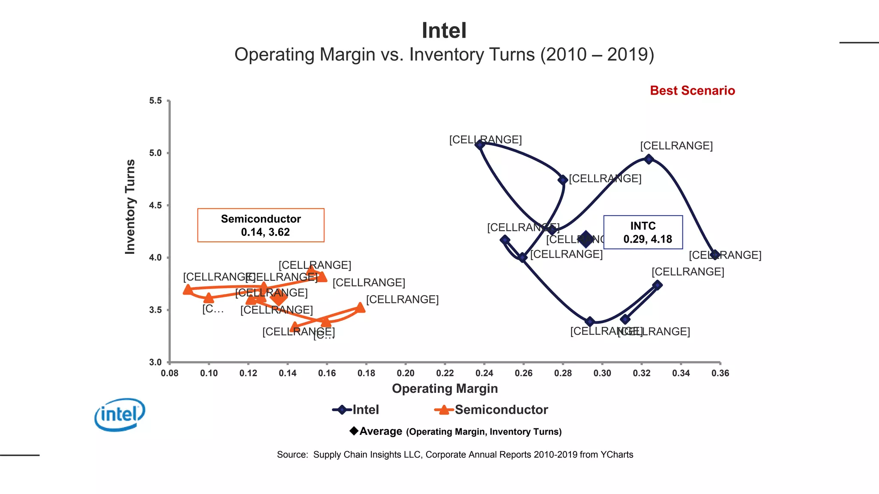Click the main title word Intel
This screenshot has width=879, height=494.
point(444,31)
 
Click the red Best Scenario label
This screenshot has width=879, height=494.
point(692,90)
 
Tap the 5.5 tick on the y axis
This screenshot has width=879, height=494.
point(155,101)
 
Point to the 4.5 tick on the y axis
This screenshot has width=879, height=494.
point(155,205)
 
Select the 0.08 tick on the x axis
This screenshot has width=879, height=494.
point(170,373)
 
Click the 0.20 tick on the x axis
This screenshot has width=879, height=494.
point(406,373)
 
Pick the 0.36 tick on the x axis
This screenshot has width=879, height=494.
point(720,373)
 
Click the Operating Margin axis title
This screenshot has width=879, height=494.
point(445,389)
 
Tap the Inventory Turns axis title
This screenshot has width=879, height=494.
point(130,207)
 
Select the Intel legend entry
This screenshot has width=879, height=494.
point(356,410)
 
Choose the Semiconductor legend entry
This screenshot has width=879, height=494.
point(491,410)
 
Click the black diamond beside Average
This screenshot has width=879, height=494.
point(354,431)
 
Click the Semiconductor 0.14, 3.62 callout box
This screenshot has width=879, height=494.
point(261,225)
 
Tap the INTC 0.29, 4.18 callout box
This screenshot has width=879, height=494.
point(643,232)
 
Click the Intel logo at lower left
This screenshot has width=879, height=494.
point(120,414)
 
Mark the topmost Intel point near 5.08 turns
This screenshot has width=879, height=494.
point(480,145)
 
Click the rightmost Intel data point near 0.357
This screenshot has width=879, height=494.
point(715,255)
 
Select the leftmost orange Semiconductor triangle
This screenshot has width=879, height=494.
point(188,290)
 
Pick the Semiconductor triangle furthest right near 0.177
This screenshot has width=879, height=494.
point(361,307)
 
